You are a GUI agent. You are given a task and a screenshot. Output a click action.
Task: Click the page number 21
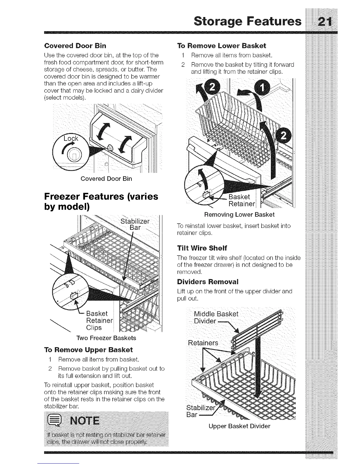click(x=322, y=22)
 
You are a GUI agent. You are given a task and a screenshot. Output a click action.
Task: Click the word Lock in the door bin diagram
click(x=71, y=138)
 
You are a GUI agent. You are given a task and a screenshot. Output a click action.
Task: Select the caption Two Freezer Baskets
click(x=106, y=338)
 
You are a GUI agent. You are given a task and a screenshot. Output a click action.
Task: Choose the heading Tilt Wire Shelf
click(x=202, y=247)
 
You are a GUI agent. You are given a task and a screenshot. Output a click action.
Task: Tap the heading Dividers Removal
click(x=208, y=282)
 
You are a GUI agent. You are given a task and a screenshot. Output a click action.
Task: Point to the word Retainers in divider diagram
click(x=203, y=343)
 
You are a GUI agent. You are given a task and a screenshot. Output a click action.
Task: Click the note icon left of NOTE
click(x=53, y=421)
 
